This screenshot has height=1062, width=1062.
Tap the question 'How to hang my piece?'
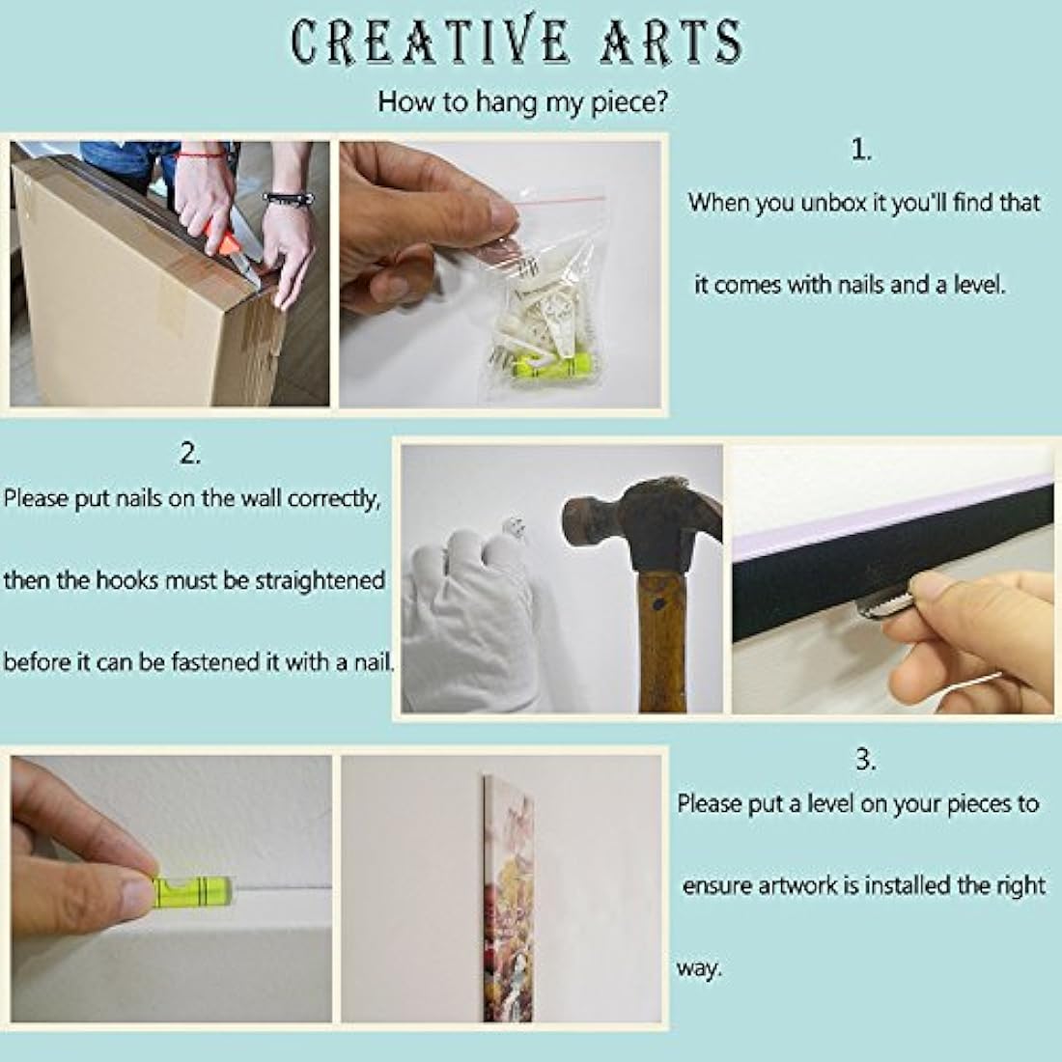click(x=521, y=101)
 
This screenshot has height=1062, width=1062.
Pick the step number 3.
click(x=866, y=760)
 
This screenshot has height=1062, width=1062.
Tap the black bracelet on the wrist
click(x=289, y=200)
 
